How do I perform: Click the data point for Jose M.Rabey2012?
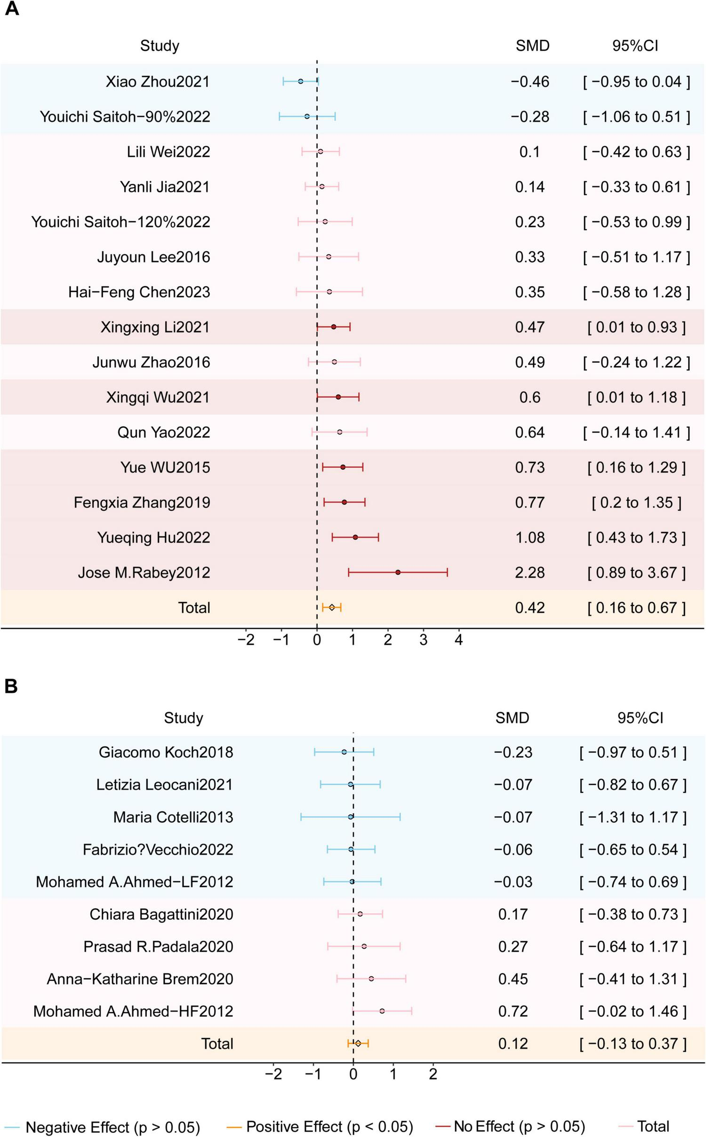point(398,573)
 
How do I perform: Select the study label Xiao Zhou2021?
point(158,81)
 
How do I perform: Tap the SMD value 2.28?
point(530,573)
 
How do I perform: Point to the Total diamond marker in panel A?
point(332,607)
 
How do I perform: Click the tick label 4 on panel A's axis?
point(459,640)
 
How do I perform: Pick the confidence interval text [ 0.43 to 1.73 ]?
point(636,538)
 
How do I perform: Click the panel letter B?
point(11,686)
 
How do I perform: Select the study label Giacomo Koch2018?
point(166,752)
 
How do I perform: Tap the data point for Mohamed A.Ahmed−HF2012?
point(382,1011)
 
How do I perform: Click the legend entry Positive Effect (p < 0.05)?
point(329,1127)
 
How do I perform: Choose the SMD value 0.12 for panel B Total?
point(513,1043)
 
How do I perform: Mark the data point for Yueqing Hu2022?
point(355,537)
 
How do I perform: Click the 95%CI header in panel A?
point(635,46)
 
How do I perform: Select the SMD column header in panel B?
point(512,718)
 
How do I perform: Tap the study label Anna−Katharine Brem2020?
point(140,979)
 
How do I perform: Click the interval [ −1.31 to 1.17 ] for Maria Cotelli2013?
point(633,817)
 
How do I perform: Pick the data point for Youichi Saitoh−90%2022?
point(307,116)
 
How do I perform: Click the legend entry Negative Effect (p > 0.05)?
point(113,1127)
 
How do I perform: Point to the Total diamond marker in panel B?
point(358,1043)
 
